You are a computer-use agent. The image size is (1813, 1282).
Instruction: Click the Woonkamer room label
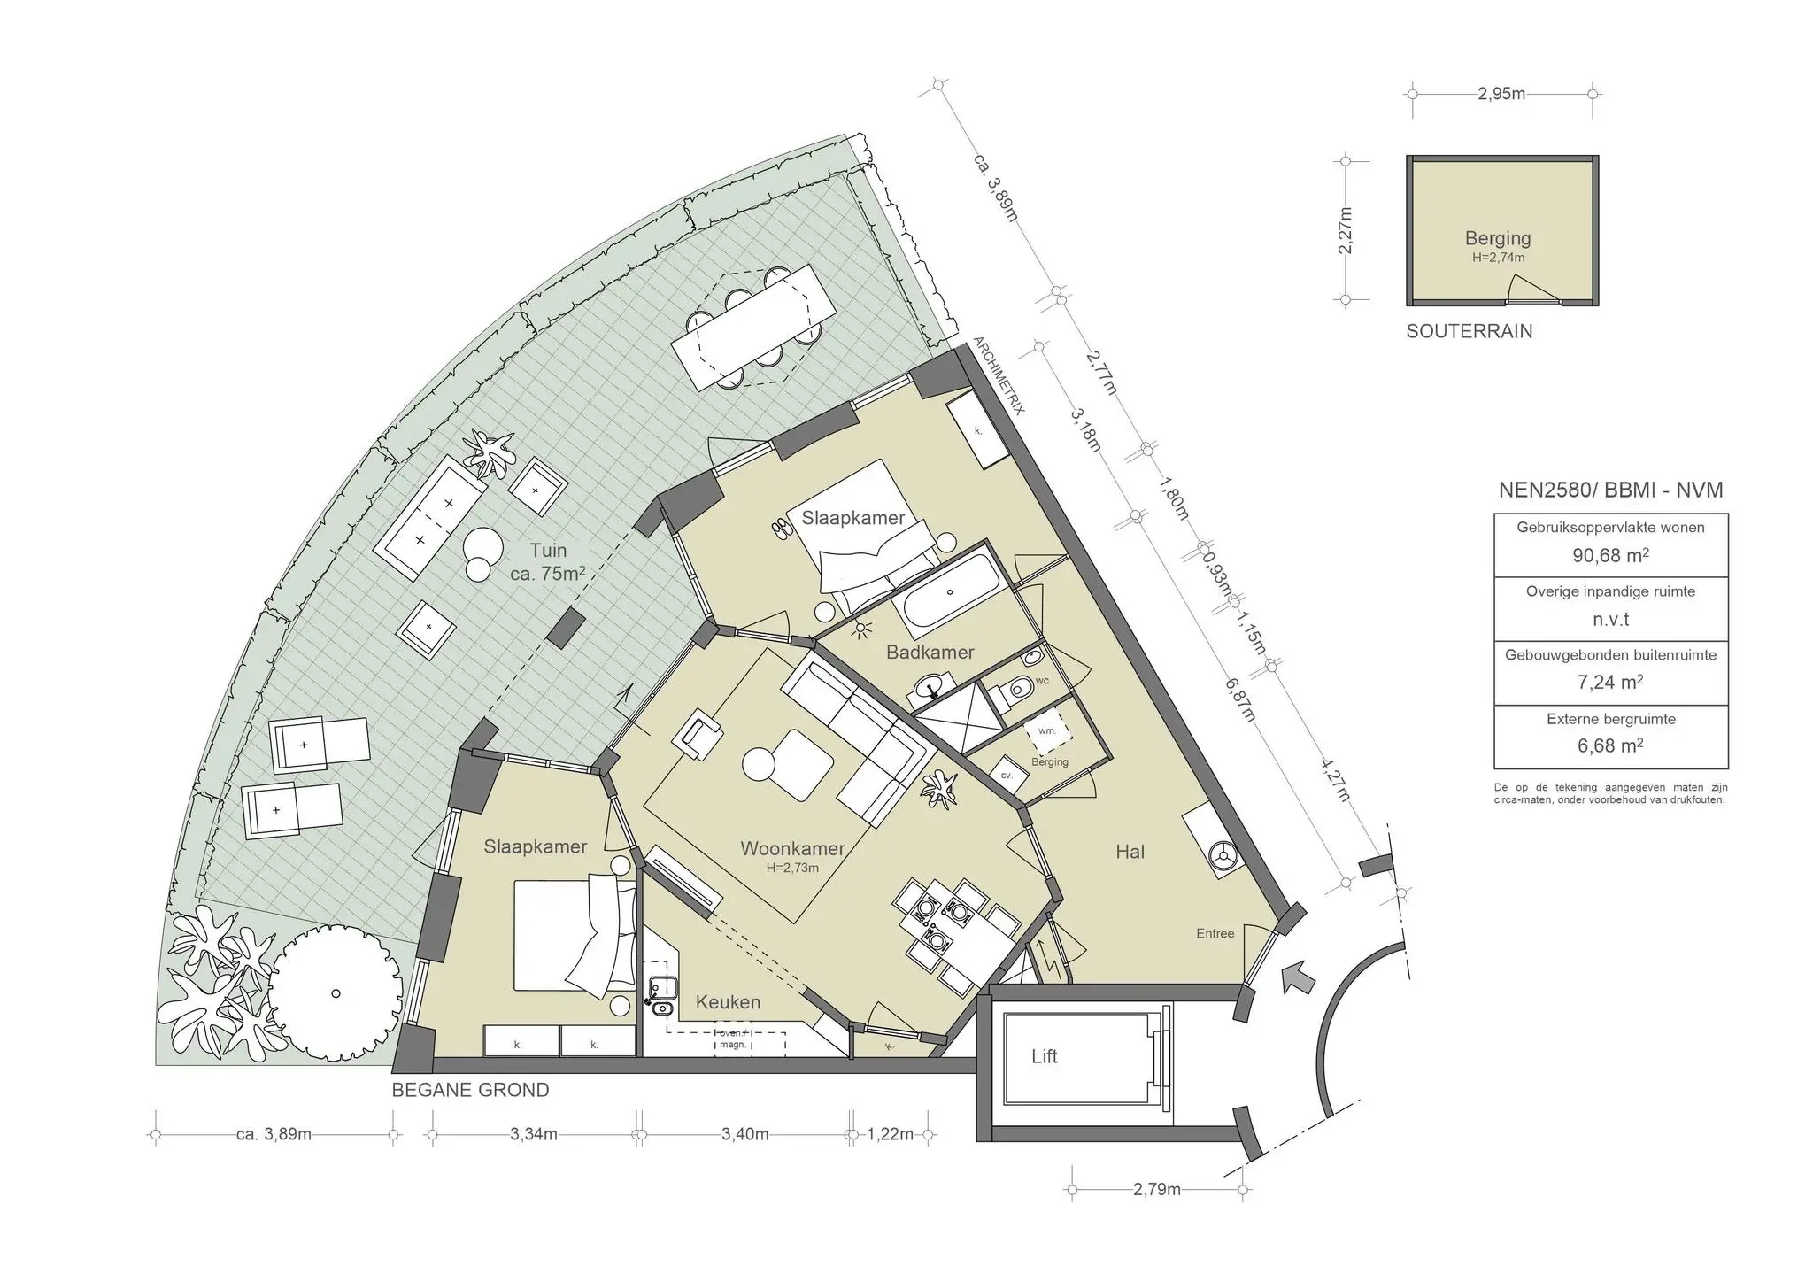tap(792, 849)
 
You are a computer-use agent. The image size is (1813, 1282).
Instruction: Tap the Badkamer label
tap(930, 653)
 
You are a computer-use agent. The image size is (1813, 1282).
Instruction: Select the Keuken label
tap(728, 1002)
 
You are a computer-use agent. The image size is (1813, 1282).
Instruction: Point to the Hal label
tap(1130, 852)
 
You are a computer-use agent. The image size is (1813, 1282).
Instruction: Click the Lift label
tap(1045, 1056)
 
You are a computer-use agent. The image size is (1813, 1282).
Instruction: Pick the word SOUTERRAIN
tap(1470, 331)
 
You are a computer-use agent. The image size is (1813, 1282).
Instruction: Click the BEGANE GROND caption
tap(470, 1090)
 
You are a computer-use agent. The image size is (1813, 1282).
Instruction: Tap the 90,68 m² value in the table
tap(1610, 555)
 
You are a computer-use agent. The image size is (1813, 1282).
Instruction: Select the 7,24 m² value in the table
tap(1610, 682)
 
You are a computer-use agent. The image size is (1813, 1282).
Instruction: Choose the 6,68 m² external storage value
tap(1610, 745)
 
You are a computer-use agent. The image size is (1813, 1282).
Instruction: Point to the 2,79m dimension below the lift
tap(1157, 1190)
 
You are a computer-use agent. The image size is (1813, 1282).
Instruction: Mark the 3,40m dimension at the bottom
tap(744, 1134)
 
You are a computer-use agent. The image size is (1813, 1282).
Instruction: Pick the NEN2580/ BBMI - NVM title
tap(1610, 490)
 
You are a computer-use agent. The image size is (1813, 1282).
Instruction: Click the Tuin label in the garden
tap(548, 551)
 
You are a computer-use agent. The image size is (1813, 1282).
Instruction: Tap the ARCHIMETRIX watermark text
tap(999, 375)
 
